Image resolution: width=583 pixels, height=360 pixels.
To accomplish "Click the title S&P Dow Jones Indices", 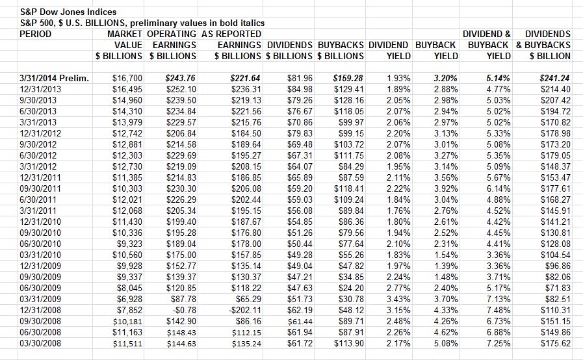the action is pyautogui.click(x=68, y=12).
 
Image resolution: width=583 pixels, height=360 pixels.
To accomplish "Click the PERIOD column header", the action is pyautogui.click(x=35, y=34).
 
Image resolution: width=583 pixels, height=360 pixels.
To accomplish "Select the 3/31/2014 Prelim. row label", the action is pyautogui.click(x=55, y=78).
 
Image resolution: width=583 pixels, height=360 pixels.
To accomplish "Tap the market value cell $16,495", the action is pyautogui.click(x=127, y=89).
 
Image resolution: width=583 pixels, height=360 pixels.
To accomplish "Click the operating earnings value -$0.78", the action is pyautogui.click(x=183, y=310).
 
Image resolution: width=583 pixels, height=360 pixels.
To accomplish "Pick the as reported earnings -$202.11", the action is pyautogui.click(x=242, y=310).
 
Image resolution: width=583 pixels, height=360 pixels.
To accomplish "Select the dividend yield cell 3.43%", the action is pyautogui.click(x=398, y=299).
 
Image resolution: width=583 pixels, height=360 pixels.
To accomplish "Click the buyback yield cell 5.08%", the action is pyautogui.click(x=446, y=343).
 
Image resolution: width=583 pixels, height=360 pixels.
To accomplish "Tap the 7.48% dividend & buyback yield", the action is pyautogui.click(x=499, y=310).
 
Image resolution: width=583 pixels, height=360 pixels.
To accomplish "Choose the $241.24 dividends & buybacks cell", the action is pyautogui.click(x=555, y=78).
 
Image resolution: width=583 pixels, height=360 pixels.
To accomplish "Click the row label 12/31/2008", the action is pyautogui.click(x=40, y=310).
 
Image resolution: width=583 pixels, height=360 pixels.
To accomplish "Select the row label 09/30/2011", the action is pyautogui.click(x=40, y=188).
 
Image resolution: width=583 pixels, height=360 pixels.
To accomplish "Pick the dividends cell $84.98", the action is pyautogui.click(x=300, y=89).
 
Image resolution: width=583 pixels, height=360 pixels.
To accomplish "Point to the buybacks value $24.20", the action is pyautogui.click(x=351, y=288).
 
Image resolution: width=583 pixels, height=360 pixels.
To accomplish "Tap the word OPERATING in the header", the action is pyautogui.click(x=172, y=34).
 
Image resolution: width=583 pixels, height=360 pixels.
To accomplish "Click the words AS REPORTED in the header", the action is pyautogui.click(x=231, y=34).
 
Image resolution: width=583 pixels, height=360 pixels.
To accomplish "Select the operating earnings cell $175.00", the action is pyautogui.click(x=181, y=255).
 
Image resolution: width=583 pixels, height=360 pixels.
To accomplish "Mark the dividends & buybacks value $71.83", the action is pyautogui.click(x=558, y=288).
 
